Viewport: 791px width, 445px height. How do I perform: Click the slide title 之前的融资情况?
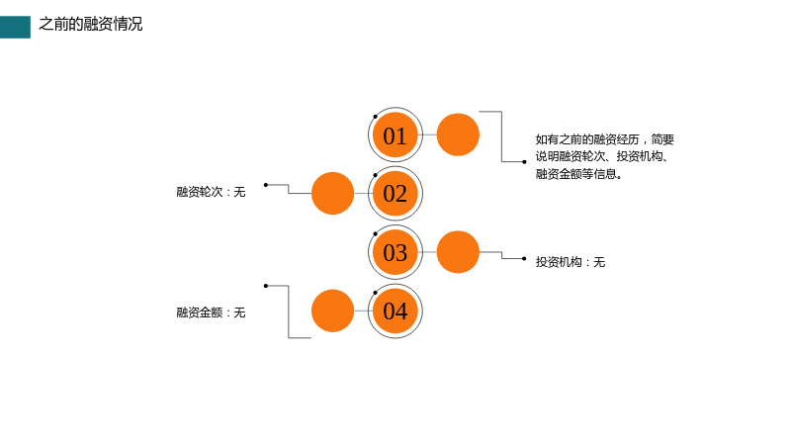click(91, 24)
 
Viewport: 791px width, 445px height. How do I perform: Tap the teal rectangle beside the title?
click(15, 28)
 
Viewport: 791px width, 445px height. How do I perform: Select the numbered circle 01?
click(395, 134)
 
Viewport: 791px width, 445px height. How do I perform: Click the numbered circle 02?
click(395, 193)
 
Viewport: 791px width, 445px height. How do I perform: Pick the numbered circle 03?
click(395, 252)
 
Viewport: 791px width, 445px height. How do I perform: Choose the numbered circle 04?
click(395, 311)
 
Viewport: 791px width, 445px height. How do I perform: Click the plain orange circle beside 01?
click(458, 134)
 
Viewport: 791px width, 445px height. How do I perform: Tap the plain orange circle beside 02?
click(332, 193)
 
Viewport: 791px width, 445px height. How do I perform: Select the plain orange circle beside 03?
click(458, 252)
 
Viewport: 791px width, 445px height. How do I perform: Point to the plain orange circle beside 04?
click(332, 311)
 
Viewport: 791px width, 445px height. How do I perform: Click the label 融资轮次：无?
click(211, 192)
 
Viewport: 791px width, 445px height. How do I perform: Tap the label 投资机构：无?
click(571, 262)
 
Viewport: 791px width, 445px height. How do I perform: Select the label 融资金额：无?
click(211, 312)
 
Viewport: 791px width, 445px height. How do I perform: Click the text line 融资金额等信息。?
click(579, 174)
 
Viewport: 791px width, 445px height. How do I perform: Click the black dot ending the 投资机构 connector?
click(524, 259)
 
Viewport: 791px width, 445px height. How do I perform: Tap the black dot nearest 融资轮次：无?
click(266, 185)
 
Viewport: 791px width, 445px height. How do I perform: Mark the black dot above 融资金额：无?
click(266, 286)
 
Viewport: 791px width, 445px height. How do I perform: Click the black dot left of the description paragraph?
click(524, 162)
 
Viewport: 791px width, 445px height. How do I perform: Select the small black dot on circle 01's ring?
click(376, 117)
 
